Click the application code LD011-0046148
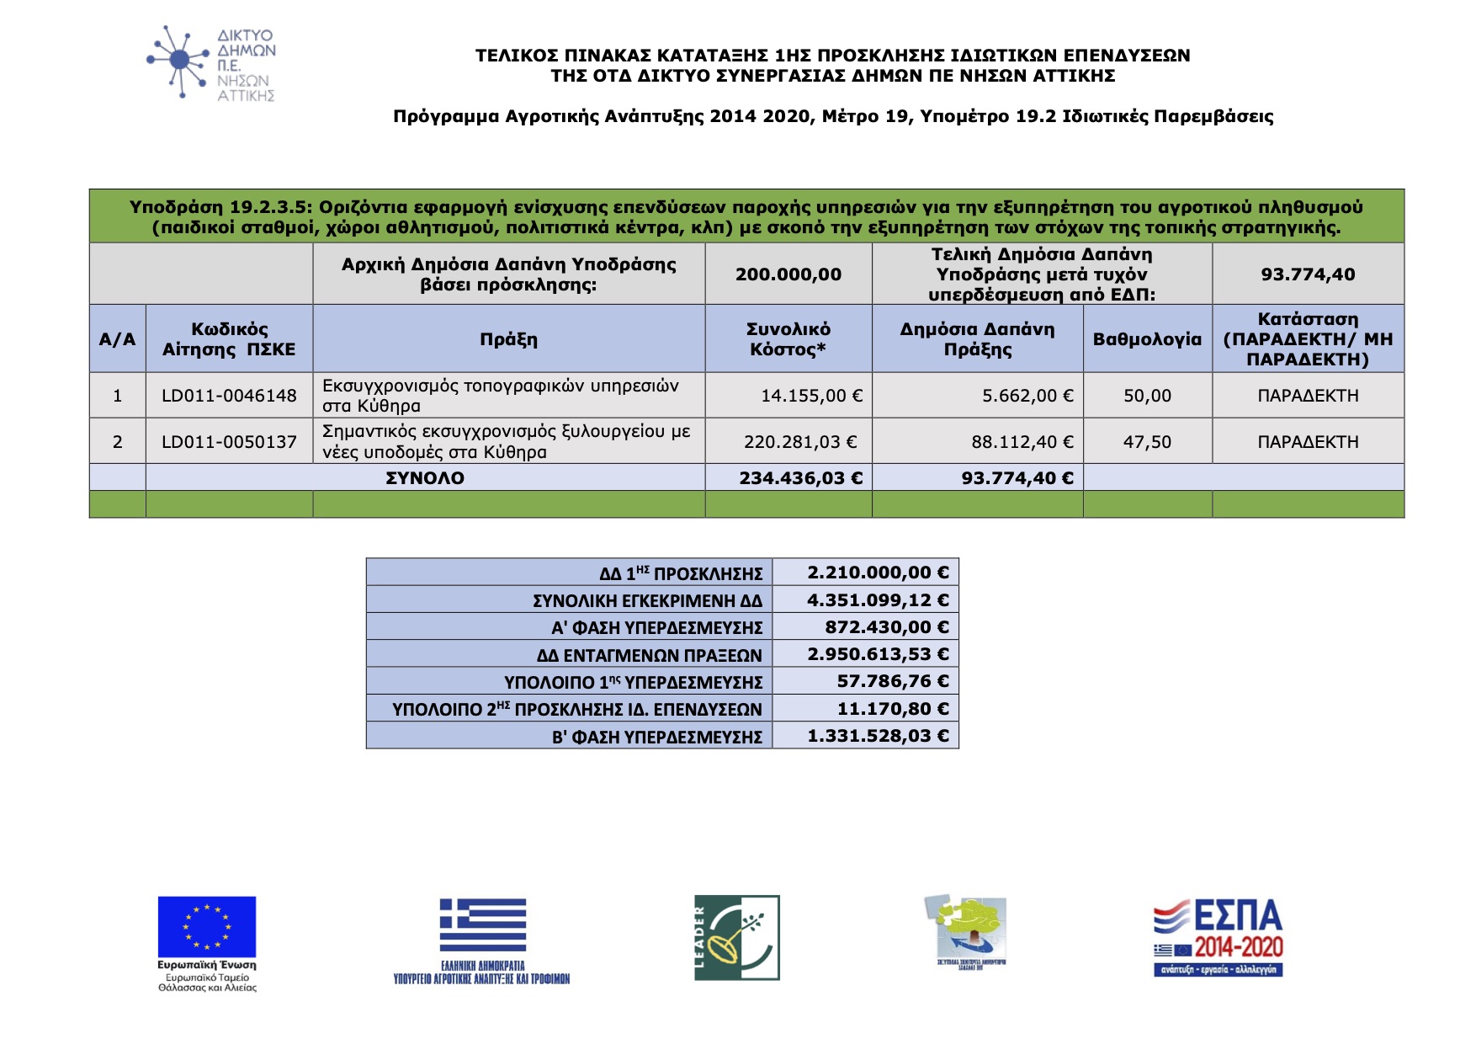(x=229, y=396)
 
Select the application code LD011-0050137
(x=229, y=442)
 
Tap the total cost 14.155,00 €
(x=811, y=396)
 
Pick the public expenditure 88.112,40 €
(x=1027, y=442)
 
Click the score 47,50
(x=1147, y=442)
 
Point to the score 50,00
(x=1147, y=396)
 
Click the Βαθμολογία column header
(x=1147, y=339)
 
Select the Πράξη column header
(x=508, y=339)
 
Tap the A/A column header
(x=117, y=339)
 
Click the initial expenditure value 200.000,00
(x=788, y=274)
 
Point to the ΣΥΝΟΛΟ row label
(x=425, y=478)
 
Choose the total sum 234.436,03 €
(x=800, y=478)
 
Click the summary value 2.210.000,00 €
(x=878, y=573)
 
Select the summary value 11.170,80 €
(x=892, y=709)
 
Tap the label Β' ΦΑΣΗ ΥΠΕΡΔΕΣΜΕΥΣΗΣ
(x=656, y=737)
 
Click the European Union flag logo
(x=207, y=927)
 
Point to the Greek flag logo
(x=482, y=925)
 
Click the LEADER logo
(x=737, y=937)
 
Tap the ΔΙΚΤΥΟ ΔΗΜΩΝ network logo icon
(x=178, y=61)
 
